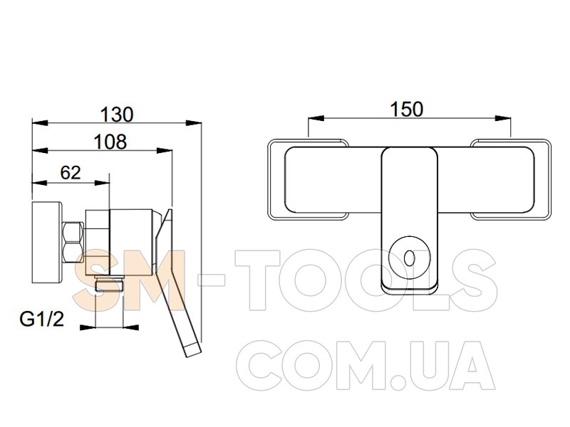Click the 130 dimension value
117,115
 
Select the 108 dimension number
110,142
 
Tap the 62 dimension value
71,173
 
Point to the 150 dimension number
406,110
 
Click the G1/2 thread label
42,319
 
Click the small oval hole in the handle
409,258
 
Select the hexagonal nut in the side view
73,243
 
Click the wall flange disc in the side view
47,242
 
